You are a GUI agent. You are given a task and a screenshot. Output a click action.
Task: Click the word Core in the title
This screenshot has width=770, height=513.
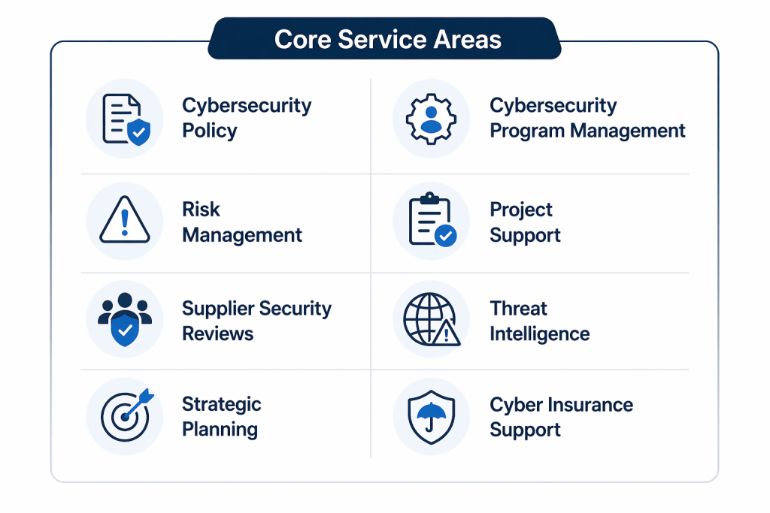(302, 39)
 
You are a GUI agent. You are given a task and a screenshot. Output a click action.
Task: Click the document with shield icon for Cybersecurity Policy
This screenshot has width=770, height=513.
(126, 119)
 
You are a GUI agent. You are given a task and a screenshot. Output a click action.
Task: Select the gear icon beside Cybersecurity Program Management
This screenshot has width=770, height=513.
(431, 119)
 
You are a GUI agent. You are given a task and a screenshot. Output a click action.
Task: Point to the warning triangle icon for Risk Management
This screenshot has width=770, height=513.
(125, 220)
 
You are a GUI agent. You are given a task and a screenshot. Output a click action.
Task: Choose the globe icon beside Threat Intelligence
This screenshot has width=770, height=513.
(432, 319)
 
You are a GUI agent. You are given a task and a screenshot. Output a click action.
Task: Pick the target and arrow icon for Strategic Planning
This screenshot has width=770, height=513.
(126, 415)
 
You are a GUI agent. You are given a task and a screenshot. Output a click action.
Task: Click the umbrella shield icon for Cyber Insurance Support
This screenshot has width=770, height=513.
(431, 417)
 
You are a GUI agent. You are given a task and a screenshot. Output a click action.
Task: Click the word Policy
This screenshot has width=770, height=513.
(210, 131)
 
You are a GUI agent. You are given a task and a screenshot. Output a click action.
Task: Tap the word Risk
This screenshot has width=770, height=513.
(201, 210)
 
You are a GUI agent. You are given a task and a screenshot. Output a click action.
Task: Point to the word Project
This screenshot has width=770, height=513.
(521, 210)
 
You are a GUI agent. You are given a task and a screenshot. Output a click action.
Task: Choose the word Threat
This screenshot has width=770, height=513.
(518, 309)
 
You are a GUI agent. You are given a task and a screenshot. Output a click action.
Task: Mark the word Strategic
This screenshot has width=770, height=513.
(222, 405)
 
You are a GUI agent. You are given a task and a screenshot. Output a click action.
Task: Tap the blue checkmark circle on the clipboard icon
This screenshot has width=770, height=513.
(445, 235)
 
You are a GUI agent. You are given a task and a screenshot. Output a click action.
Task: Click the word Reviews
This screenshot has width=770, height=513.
(217, 333)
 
